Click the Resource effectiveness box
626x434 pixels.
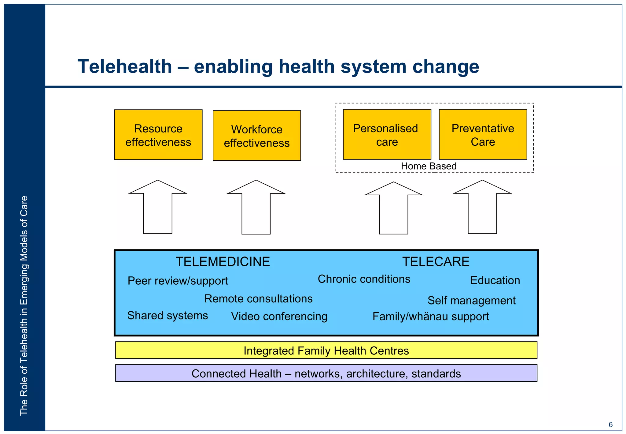(x=158, y=135)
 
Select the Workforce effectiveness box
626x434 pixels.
(x=257, y=136)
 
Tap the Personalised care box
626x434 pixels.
(x=387, y=135)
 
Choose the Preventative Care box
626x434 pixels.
(x=483, y=135)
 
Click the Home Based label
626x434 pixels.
(x=429, y=166)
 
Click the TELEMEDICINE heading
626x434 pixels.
(x=223, y=262)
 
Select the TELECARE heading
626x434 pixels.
(x=436, y=262)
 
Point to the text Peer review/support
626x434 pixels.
(x=178, y=281)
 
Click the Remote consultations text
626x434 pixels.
(x=258, y=299)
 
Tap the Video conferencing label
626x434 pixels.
(x=279, y=316)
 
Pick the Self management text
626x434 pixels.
(x=471, y=301)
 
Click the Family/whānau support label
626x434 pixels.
(x=430, y=316)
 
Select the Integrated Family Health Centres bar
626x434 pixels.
(x=326, y=350)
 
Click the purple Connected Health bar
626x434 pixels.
(x=326, y=373)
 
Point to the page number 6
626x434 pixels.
(x=610, y=425)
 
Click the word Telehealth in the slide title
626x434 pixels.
(x=125, y=66)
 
